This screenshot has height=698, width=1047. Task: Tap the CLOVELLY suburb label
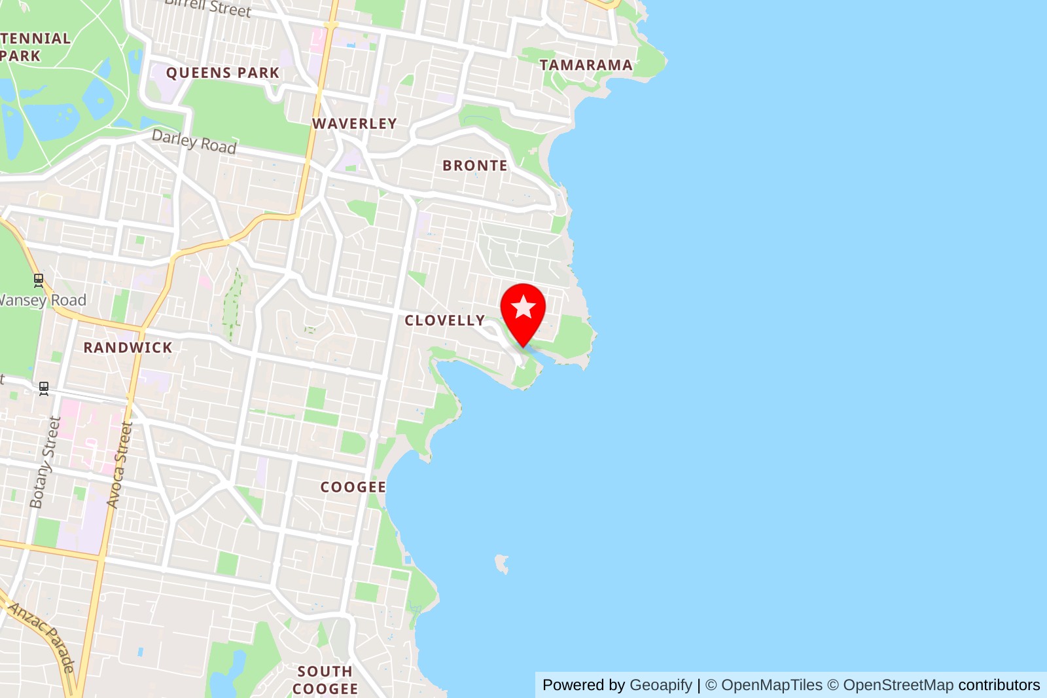pos(445,321)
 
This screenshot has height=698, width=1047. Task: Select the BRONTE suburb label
pos(475,166)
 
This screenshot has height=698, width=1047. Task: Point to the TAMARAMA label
pos(586,65)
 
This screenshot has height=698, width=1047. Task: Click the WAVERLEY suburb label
pos(355,124)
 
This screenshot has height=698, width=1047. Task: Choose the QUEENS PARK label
pos(222,73)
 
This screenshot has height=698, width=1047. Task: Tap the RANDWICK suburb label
pos(128,348)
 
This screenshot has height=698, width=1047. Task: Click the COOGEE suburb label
pos(353,487)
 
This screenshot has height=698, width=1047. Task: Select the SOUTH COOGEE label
pos(325,680)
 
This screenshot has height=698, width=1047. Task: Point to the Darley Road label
pos(194,141)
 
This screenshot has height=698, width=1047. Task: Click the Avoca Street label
pos(120,465)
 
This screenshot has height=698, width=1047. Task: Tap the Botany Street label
pos(45,462)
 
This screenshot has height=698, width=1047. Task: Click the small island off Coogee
pos(502,562)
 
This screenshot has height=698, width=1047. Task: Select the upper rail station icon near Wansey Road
pos(39,281)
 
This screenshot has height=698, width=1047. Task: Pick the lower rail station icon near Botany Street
pos(44,388)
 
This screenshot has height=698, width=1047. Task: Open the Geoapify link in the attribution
pos(660,685)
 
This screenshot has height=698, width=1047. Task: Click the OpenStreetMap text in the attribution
pos(898,685)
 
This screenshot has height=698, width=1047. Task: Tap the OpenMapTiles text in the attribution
pos(772,685)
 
